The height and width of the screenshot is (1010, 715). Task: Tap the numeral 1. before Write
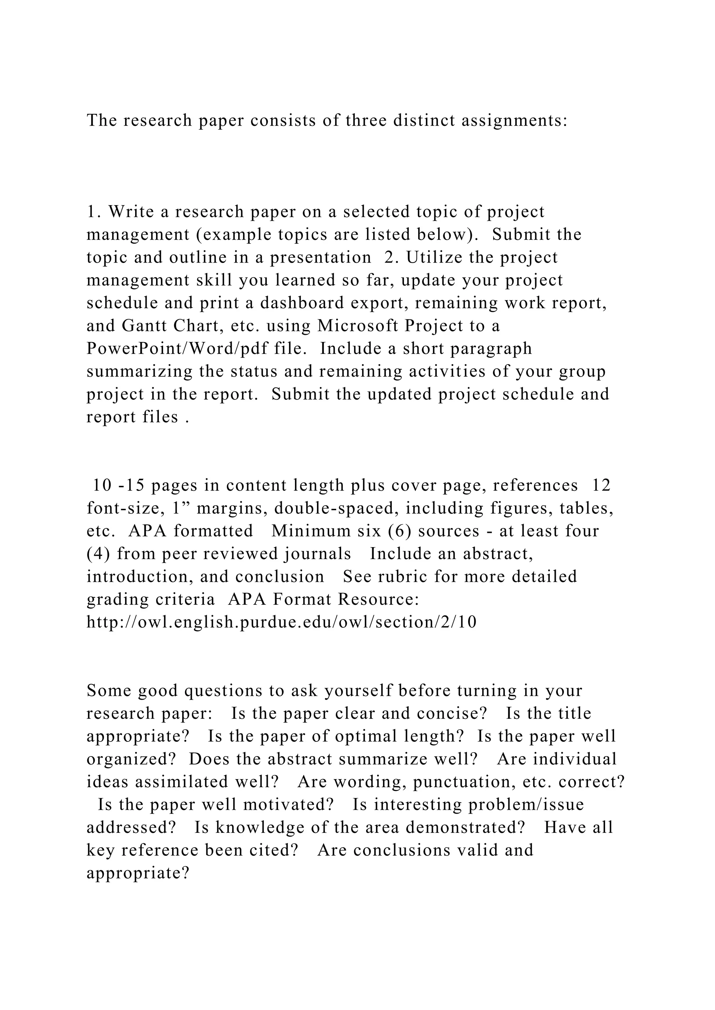tap(94, 212)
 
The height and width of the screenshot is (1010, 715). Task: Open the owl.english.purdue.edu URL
tap(281, 623)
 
